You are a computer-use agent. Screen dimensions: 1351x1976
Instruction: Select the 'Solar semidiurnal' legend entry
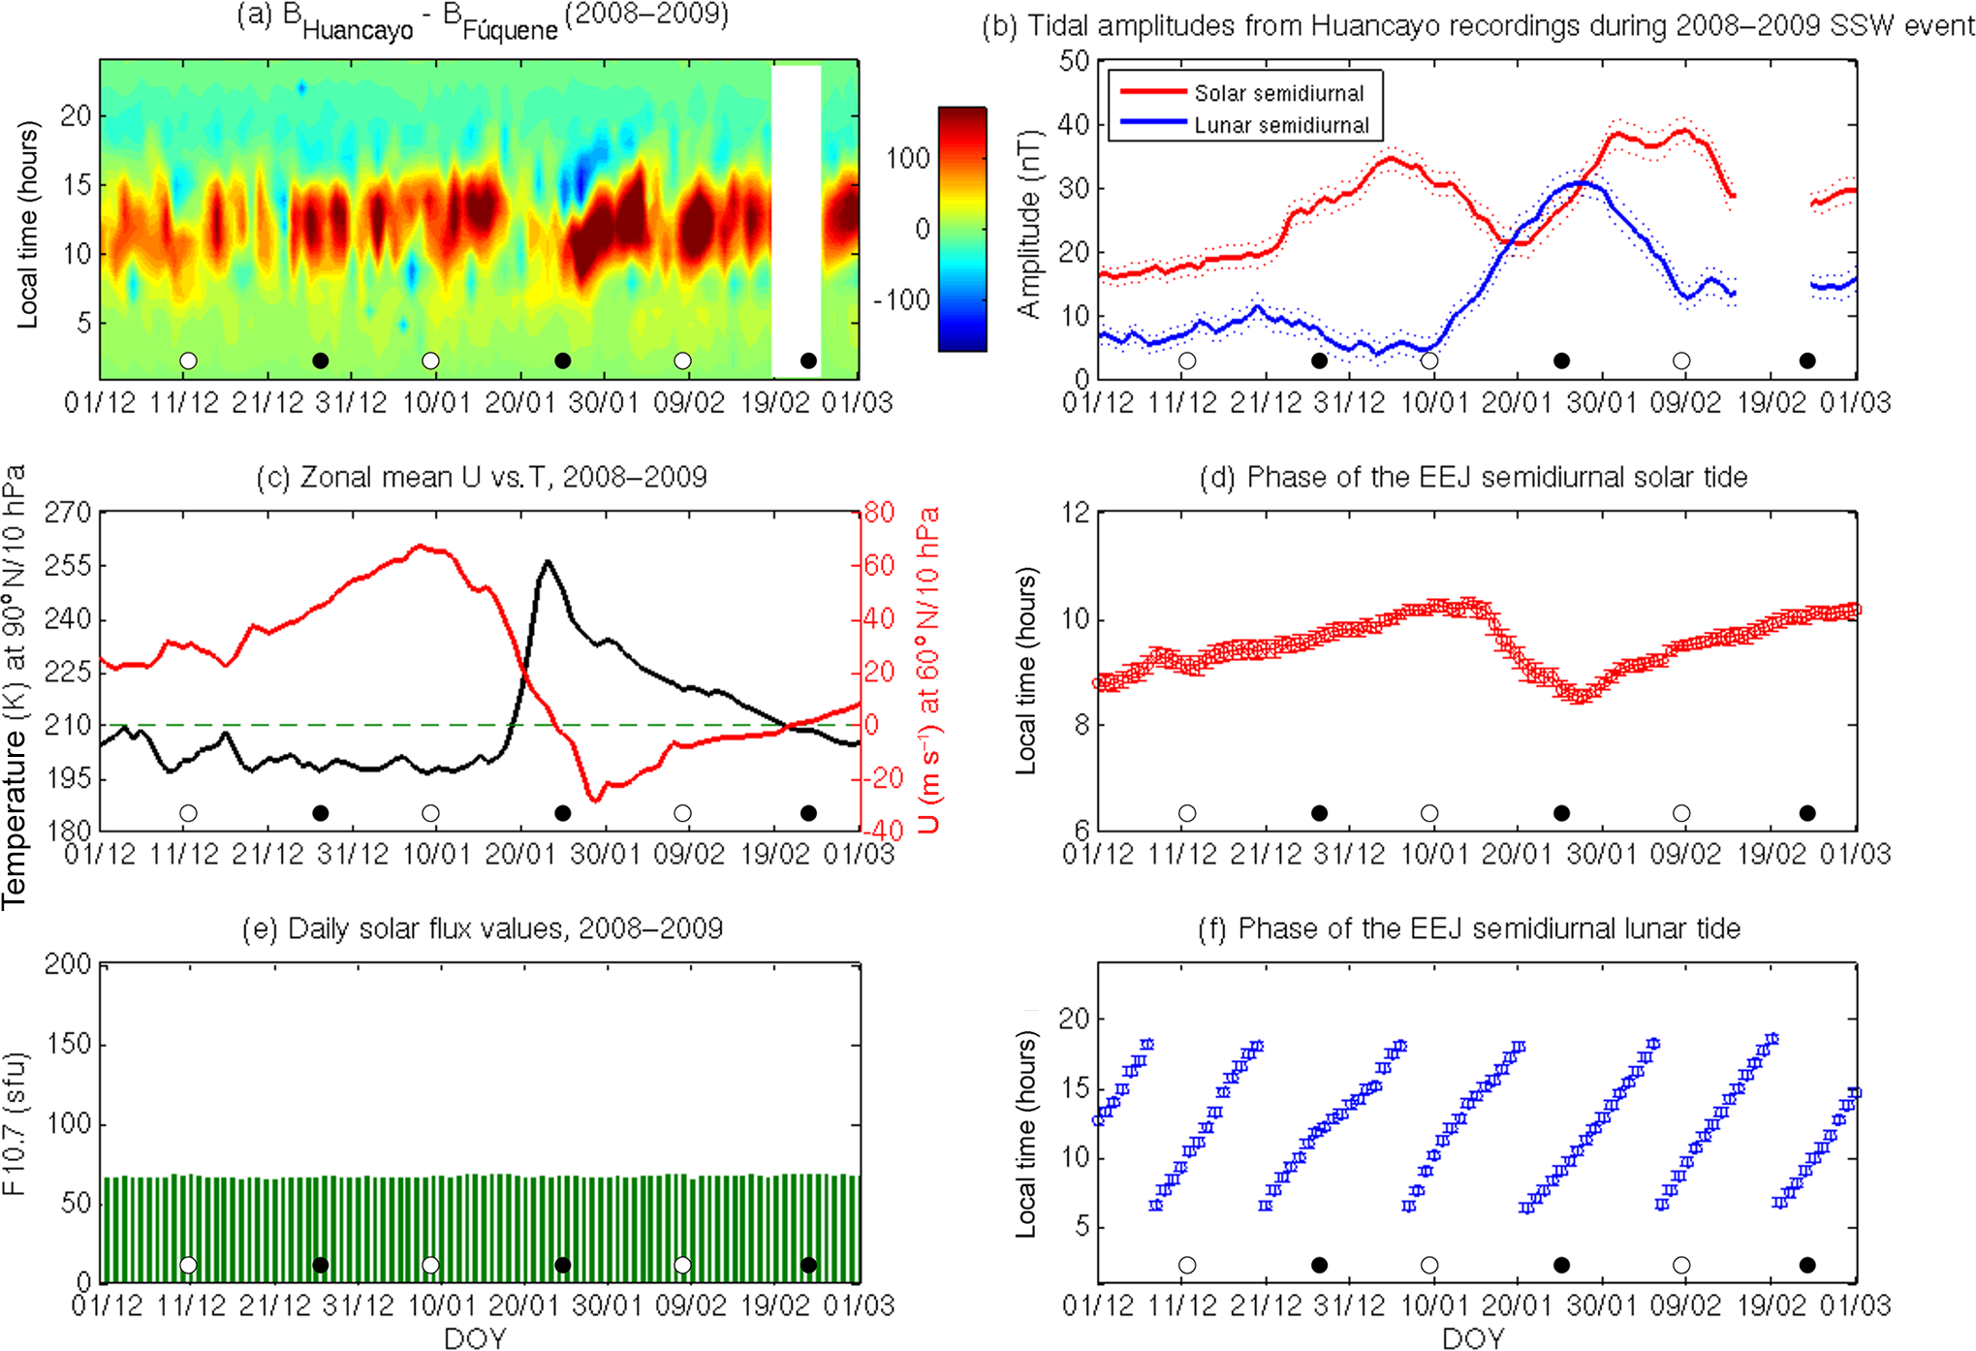pos(1278,94)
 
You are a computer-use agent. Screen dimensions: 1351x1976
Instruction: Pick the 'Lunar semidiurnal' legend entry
pos(1281,125)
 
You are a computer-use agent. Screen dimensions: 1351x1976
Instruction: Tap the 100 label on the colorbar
pos(908,159)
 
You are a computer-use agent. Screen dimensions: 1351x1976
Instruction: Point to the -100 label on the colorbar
pos(903,299)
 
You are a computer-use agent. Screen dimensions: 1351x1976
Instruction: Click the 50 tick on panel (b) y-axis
pos(1074,61)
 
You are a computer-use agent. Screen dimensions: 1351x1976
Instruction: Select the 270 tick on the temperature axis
pos(68,512)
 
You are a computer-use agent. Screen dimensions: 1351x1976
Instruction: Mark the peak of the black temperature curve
pos(548,561)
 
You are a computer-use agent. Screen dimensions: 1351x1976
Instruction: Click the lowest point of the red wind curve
pos(594,801)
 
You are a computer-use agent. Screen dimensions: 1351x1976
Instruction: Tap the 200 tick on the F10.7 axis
pos(68,964)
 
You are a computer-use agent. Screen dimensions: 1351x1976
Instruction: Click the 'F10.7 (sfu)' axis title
pos(16,1124)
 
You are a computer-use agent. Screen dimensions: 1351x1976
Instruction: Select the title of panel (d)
pos(1473,477)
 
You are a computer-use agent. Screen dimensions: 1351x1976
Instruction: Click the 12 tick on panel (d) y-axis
pos(1076,512)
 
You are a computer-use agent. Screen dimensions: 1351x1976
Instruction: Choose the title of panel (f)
pos(1469,928)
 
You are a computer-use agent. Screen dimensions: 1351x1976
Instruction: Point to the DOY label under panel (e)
pos(475,1338)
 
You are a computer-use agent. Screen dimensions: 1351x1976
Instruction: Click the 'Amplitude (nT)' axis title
pos(1029,223)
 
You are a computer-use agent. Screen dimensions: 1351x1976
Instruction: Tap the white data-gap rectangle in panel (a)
pos(796,213)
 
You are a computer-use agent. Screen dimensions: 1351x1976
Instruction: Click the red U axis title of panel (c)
pos(928,669)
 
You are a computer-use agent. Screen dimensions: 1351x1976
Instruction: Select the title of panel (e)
pos(482,928)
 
